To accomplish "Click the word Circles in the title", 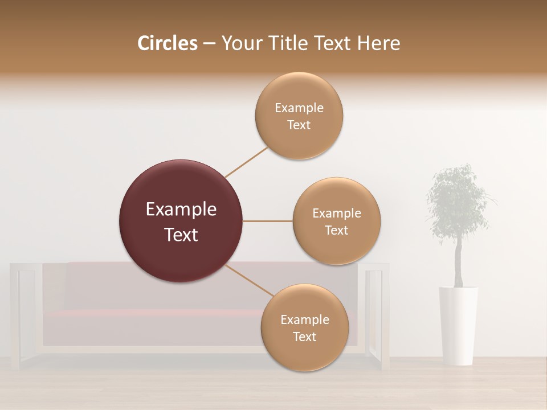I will pos(167,43).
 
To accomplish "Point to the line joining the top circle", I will pos(246,162).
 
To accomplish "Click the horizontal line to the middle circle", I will pos(267,221).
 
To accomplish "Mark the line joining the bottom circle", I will pos(249,281).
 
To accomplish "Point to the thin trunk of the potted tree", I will pos(458,262).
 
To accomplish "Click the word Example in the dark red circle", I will pos(181,210).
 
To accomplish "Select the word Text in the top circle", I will pos(299,125).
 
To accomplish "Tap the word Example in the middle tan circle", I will pos(336,214).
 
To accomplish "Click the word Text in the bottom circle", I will pos(304,337).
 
